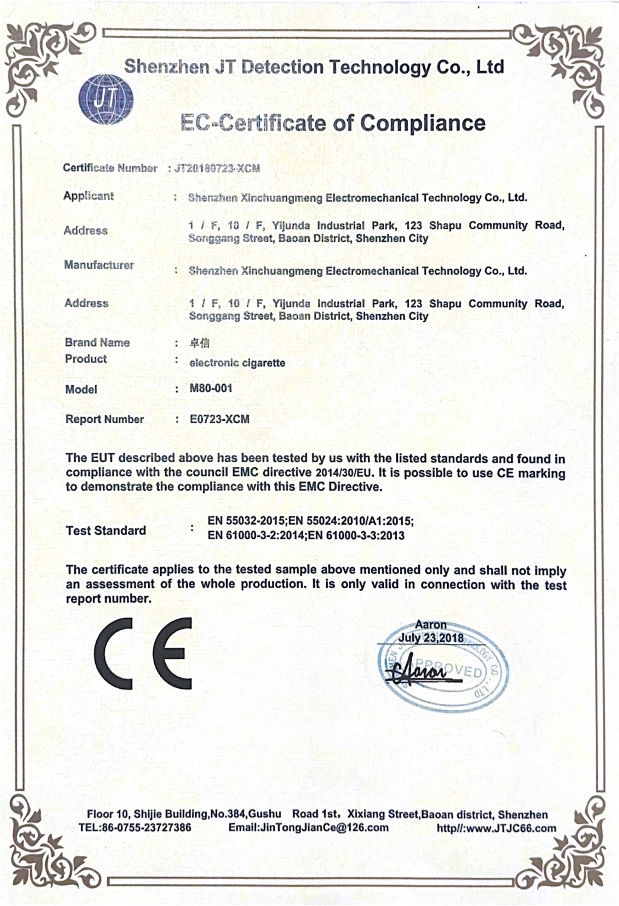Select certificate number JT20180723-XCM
tap(217, 168)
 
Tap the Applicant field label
tap(89, 196)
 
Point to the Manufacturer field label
tap(99, 265)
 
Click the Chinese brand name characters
tap(199, 343)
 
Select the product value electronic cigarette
tap(237, 363)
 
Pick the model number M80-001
tap(211, 388)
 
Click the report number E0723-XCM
tap(219, 419)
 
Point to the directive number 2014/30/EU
tap(343, 473)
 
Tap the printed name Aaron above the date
tap(430, 625)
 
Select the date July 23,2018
tap(430, 638)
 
